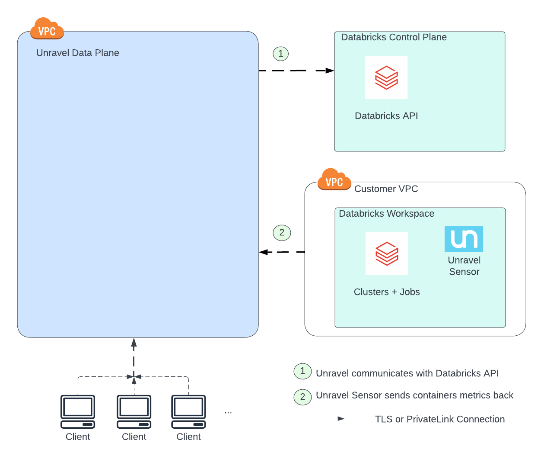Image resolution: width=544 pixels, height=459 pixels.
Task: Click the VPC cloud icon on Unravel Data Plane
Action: tap(47, 29)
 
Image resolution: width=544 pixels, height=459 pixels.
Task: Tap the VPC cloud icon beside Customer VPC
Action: tap(334, 180)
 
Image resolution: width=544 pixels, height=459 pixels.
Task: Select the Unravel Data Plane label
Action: tap(78, 53)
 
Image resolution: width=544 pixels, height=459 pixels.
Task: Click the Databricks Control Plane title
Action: tap(394, 37)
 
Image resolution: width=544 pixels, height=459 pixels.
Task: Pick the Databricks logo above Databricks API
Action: tap(386, 78)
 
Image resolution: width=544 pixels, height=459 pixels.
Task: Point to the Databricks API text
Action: tap(386, 116)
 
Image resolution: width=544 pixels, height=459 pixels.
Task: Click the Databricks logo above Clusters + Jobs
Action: tap(387, 254)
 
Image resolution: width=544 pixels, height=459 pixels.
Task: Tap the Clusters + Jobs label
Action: tap(387, 292)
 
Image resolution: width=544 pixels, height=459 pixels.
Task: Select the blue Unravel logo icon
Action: tap(464, 239)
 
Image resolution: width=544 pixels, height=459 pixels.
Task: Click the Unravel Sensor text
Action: tap(464, 266)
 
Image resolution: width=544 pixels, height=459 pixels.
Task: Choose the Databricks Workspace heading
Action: tap(386, 214)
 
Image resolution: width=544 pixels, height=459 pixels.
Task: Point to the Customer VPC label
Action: tap(386, 189)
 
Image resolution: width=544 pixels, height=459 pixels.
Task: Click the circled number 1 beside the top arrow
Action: tap(281, 54)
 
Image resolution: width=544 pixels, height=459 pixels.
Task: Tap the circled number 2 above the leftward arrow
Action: tap(282, 233)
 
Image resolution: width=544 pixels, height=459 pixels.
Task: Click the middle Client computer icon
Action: tap(134, 411)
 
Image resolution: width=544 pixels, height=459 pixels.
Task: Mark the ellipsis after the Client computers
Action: tap(228, 412)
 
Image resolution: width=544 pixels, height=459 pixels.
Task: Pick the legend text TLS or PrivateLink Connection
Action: tap(439, 419)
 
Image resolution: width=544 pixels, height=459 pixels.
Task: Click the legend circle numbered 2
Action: tap(302, 397)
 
